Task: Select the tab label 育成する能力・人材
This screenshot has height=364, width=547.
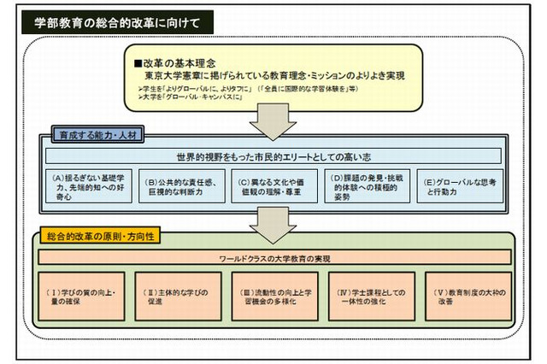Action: pos(88,134)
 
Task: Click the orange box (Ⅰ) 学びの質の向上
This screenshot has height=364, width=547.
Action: pos(81,296)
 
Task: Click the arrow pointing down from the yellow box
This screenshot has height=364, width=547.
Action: pos(273,125)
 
